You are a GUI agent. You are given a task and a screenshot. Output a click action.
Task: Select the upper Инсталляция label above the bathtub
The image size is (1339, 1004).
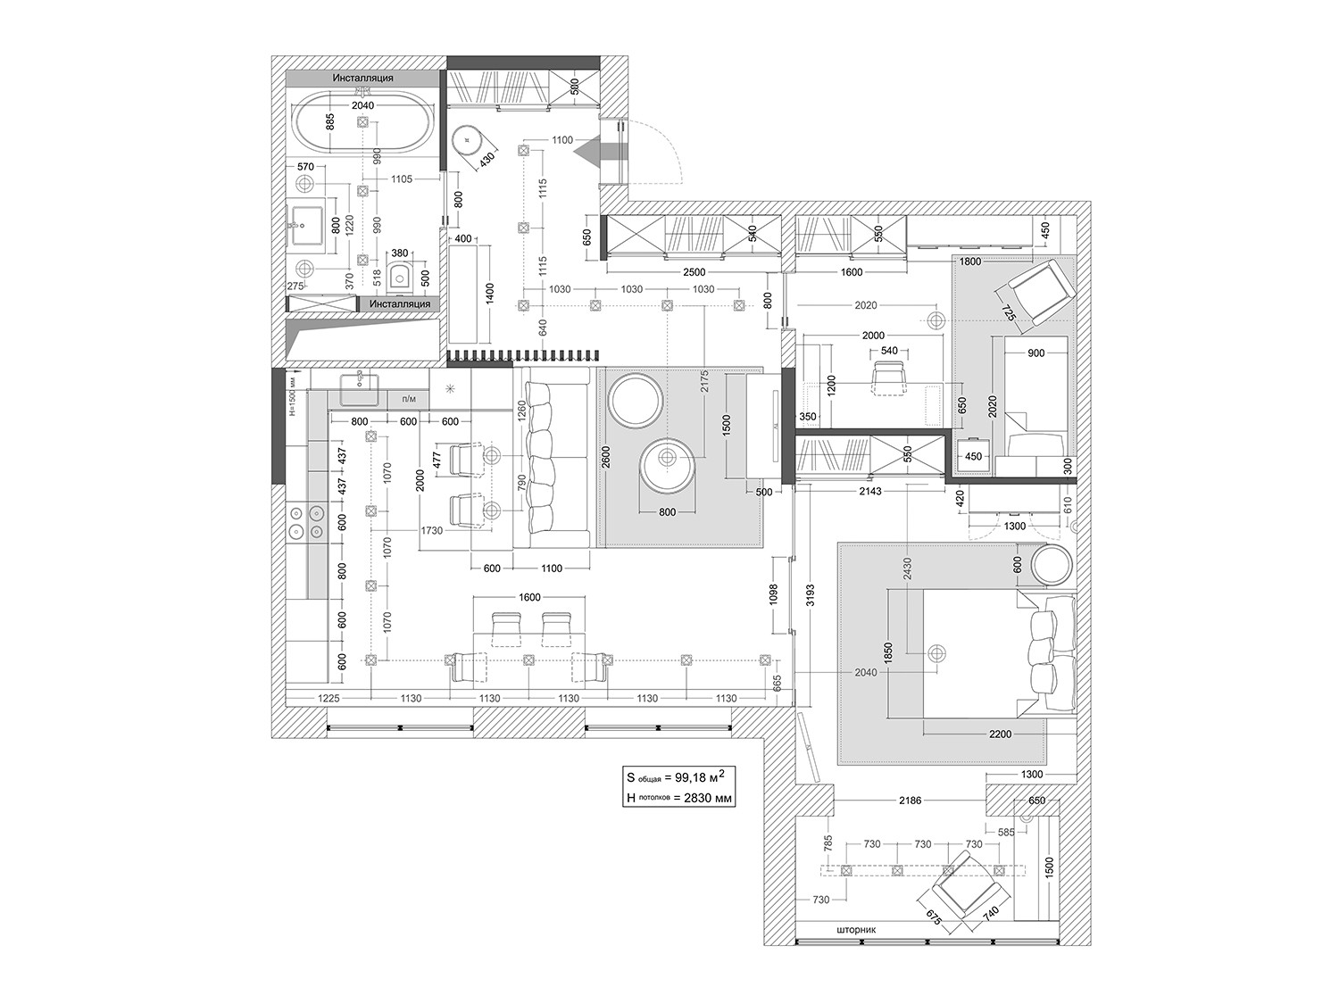pos(362,78)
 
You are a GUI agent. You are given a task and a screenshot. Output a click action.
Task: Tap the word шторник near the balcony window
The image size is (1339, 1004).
pos(857,929)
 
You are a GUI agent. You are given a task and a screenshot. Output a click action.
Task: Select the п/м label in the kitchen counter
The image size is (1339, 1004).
pos(409,399)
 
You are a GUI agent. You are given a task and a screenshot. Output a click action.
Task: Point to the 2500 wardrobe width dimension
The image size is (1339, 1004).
pos(694,272)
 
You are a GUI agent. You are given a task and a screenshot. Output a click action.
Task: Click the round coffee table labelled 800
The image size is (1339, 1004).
pos(667,465)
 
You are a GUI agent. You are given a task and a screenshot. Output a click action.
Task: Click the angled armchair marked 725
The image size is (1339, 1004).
pos(1036,289)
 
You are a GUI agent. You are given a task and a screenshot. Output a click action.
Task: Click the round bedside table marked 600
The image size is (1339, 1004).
pos(1053,565)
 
